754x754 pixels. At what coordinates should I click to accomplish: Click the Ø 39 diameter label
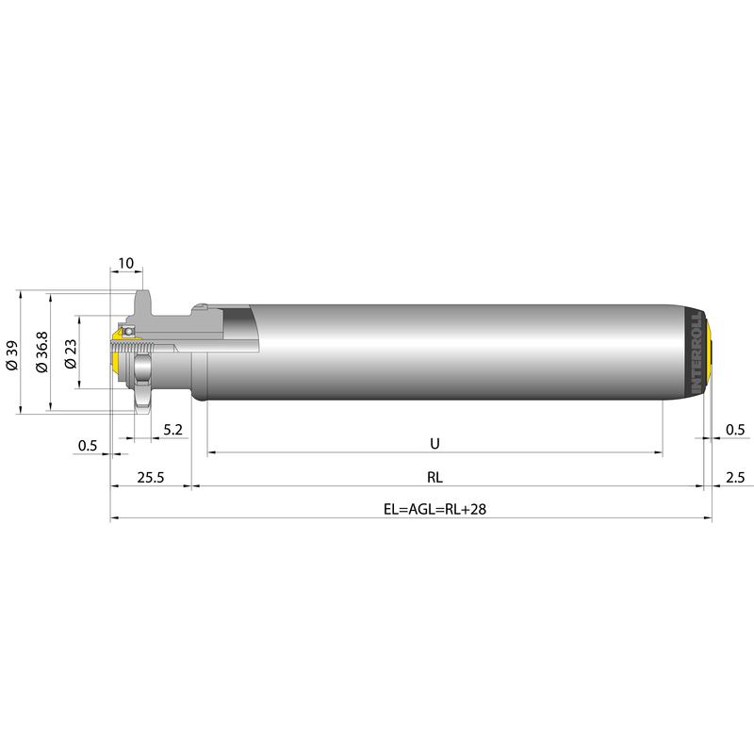[x=12, y=355]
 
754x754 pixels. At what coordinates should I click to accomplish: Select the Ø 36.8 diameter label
[x=42, y=352]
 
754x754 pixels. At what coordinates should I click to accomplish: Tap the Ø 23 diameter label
[x=71, y=354]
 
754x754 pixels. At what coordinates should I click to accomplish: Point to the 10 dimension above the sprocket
[x=125, y=263]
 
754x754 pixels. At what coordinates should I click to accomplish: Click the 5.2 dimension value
[x=173, y=430]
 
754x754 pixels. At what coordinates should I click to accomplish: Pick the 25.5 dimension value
[x=151, y=478]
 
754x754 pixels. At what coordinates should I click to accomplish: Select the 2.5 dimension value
[x=735, y=478]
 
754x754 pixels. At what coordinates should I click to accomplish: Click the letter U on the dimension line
[x=434, y=443]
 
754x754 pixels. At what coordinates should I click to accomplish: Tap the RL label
[x=434, y=478]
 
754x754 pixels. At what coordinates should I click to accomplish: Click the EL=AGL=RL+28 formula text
[x=434, y=509]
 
